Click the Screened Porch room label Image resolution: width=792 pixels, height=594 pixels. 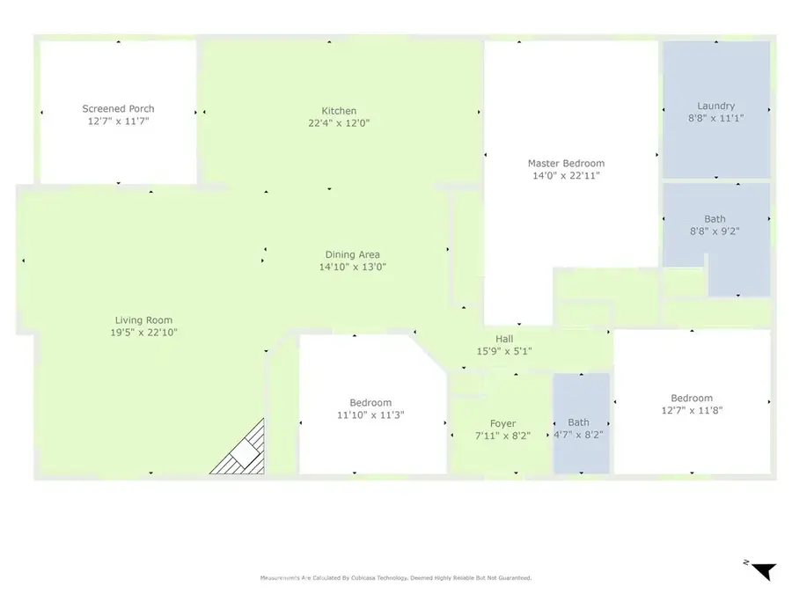click(118, 108)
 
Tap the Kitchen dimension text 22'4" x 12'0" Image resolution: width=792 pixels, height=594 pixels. click(339, 122)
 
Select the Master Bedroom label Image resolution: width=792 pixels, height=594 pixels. click(566, 163)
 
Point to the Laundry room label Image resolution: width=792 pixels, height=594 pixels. click(715, 106)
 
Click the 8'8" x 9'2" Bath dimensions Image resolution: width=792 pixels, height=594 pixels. click(715, 231)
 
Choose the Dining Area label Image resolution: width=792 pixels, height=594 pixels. click(353, 254)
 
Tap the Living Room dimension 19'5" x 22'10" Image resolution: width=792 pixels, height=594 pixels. click(144, 333)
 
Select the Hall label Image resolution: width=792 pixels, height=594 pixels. click(504, 339)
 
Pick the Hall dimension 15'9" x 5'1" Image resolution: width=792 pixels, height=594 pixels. click(504, 351)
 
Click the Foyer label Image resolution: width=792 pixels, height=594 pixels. click(503, 424)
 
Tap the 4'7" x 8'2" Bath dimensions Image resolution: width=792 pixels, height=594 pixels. click(578, 435)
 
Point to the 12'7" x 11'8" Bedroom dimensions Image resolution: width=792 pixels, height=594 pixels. click(692, 410)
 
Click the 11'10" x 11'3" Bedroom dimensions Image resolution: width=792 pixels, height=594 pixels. click(370, 415)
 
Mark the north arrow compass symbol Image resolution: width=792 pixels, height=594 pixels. click(762, 570)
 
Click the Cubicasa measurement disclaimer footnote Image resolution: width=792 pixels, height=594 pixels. click(395, 578)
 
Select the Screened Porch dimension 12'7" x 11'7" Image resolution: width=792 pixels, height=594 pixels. click(118, 121)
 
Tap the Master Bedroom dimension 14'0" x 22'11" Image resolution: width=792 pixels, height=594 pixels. click(566, 176)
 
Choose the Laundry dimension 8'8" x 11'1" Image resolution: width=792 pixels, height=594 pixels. click(715, 118)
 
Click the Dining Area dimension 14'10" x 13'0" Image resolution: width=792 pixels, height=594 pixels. click(353, 267)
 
